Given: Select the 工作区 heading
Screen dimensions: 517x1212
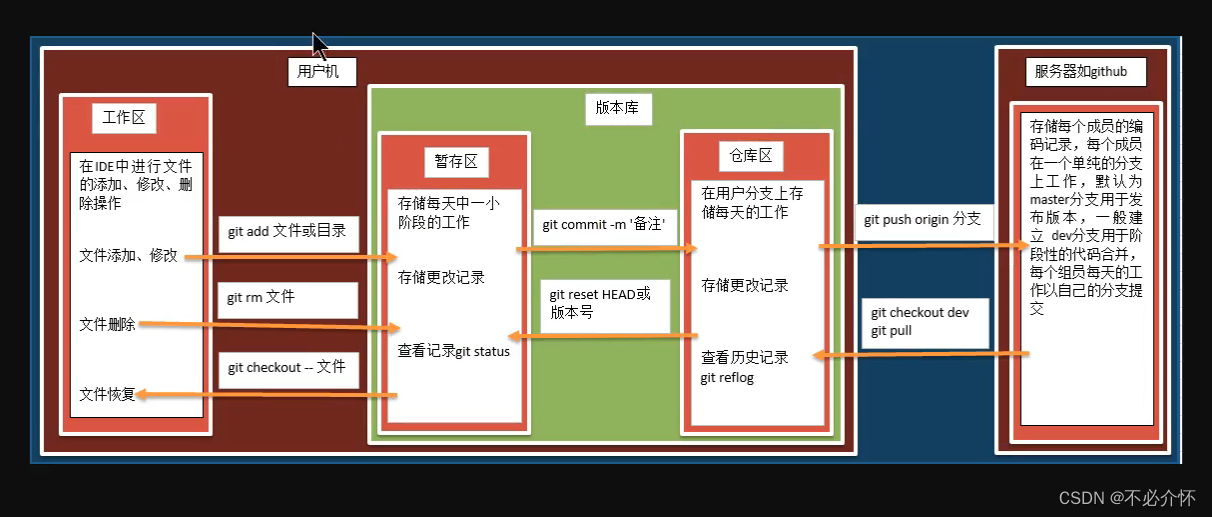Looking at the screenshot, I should coord(124,117).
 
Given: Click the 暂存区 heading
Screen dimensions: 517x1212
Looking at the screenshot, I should coord(456,161).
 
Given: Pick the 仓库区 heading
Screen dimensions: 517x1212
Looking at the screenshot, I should coord(751,156).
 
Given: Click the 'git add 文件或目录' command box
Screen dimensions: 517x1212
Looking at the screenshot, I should coord(286,231).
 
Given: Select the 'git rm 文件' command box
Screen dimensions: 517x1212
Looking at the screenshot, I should coord(287,298).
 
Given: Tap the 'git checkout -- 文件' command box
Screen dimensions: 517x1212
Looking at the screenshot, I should coord(286,367).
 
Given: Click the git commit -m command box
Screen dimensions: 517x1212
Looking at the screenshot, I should coord(604,225).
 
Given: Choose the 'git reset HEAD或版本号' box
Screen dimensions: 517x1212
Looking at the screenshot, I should coord(605,303).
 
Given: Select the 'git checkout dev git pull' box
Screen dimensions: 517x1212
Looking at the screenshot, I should coord(924,322).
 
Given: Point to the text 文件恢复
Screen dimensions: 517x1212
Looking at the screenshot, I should coord(108,395).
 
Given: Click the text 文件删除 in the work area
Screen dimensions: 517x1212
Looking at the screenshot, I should coord(108,325).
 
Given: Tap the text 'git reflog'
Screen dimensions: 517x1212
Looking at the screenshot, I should coord(727,377).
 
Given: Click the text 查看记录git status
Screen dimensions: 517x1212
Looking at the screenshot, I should coord(454,351).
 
